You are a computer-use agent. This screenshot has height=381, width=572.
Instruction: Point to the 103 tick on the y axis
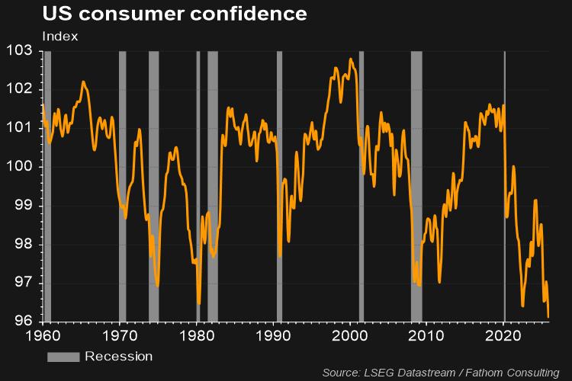21,50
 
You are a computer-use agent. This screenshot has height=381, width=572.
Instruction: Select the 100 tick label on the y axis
21,167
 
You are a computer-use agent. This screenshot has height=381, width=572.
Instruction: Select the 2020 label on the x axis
503,335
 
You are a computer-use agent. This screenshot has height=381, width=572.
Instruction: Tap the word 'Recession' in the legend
118,357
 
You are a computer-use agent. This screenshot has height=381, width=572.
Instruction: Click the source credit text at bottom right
440,373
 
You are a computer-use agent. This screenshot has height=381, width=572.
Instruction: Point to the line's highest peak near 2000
351,59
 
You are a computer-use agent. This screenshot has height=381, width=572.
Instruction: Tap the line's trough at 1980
199,304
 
